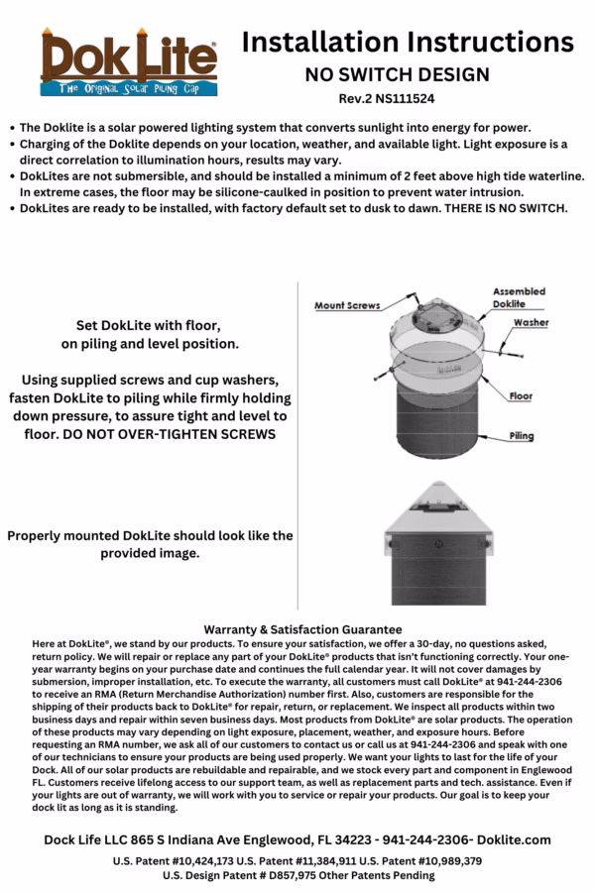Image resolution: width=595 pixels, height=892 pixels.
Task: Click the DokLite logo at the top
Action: click(128, 61)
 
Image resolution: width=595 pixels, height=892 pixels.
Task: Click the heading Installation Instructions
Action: click(408, 42)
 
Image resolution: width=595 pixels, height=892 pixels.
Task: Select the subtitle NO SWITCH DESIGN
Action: click(397, 74)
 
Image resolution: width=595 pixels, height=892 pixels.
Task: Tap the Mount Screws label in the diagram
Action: click(347, 306)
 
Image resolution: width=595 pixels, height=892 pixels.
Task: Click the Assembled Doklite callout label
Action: click(518, 297)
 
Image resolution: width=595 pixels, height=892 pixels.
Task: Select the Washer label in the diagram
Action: click(531, 323)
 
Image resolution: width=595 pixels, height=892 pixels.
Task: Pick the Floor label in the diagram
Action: click(521, 396)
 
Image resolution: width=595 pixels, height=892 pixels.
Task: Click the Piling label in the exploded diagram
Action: click(522, 436)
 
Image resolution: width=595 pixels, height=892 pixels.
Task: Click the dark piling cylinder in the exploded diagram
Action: click(435, 426)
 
